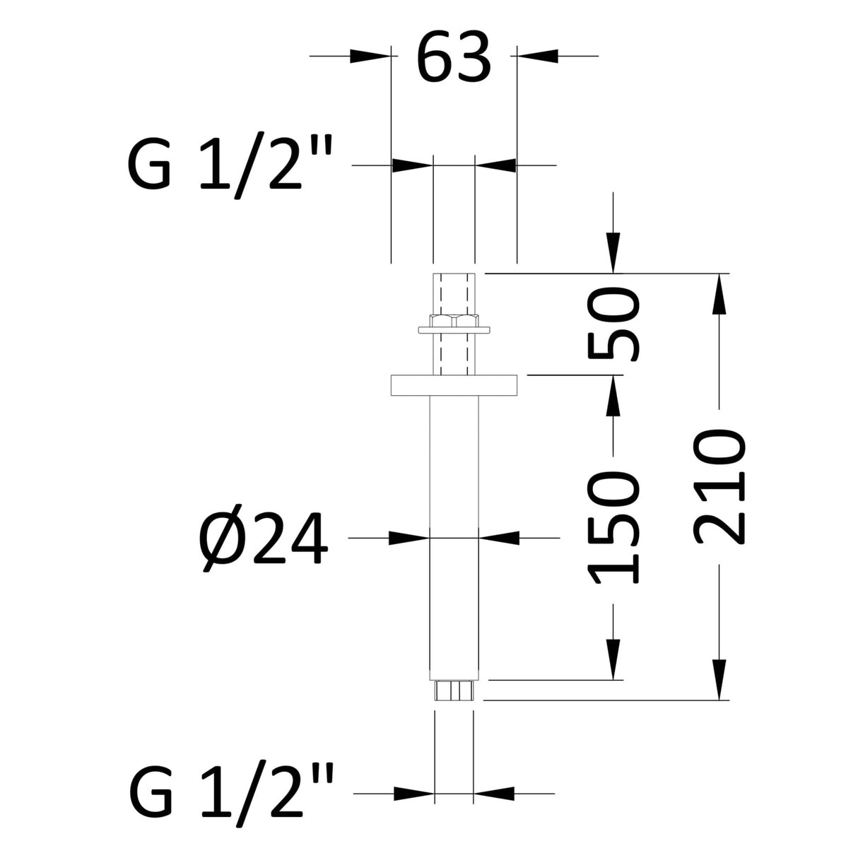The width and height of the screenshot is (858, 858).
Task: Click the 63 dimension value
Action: click(453, 57)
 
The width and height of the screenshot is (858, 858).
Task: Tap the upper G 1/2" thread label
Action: click(230, 165)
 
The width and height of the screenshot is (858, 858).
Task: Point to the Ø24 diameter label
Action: click(264, 538)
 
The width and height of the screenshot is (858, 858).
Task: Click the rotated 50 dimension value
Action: click(613, 323)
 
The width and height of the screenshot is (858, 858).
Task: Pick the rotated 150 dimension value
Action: click(613, 528)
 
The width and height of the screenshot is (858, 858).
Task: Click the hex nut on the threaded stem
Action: click(454, 321)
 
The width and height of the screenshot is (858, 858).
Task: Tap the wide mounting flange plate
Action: click(454, 385)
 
